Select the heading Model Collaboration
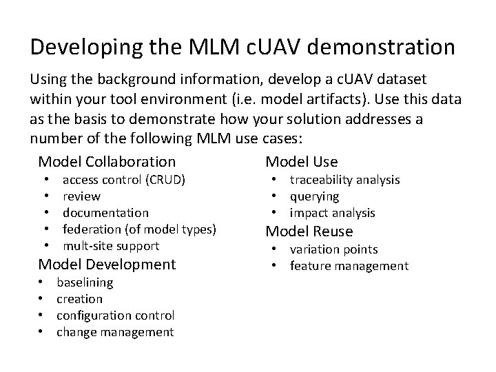click(x=107, y=162)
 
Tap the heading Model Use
click(x=302, y=162)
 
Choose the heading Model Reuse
click(x=309, y=231)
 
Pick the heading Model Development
click(x=107, y=264)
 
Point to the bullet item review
click(x=81, y=196)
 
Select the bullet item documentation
click(x=105, y=213)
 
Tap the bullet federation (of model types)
click(x=139, y=229)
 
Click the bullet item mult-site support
click(x=111, y=246)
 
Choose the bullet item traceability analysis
click(x=344, y=180)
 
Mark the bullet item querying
click(x=314, y=196)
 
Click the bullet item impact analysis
click(x=332, y=213)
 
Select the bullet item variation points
click(x=333, y=249)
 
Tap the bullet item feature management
click(x=349, y=266)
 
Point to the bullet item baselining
click(x=85, y=282)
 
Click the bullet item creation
click(x=79, y=299)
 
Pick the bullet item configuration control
click(x=115, y=316)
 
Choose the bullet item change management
click(x=114, y=332)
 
